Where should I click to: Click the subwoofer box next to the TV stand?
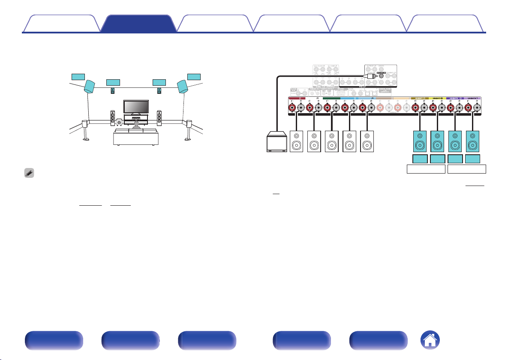[119, 123]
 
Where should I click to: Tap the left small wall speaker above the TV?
[113, 91]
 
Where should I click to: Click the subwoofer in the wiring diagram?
[277, 143]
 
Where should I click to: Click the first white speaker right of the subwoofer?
[297, 141]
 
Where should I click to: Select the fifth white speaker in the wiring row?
[367, 141]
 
